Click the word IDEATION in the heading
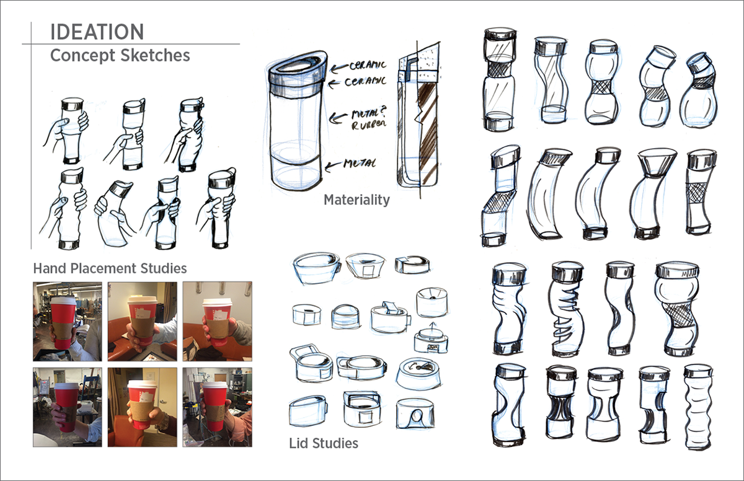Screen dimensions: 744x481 (97, 32)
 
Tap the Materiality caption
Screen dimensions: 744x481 (356, 200)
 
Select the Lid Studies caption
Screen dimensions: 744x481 (324, 443)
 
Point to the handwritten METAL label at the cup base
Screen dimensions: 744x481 (360, 163)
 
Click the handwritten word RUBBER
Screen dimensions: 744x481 (369, 125)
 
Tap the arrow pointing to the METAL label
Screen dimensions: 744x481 (333, 165)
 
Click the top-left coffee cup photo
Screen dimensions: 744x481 (68, 321)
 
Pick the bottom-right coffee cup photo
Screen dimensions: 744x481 (217, 407)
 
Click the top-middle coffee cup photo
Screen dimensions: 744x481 (143, 321)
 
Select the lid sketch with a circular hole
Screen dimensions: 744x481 (415, 413)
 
